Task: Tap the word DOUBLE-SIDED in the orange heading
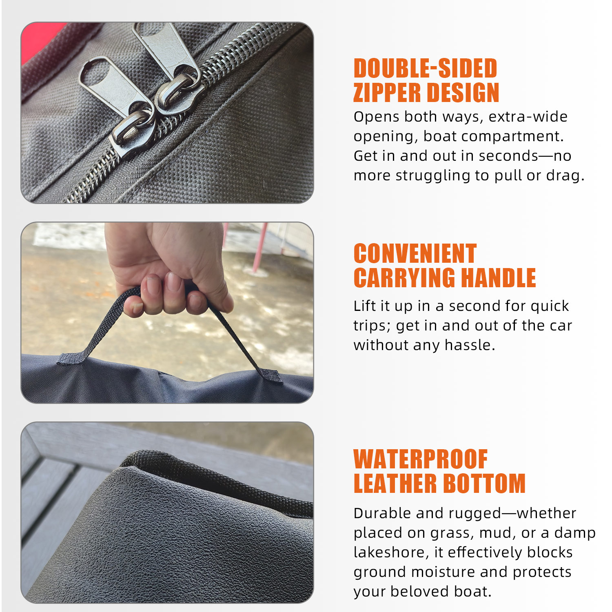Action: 425,68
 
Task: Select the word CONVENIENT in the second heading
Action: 415,254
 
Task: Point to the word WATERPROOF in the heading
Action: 420,459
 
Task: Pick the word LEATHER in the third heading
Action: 395,484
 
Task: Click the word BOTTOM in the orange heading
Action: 484,484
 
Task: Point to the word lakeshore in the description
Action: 391,552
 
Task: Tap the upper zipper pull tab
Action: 165,49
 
